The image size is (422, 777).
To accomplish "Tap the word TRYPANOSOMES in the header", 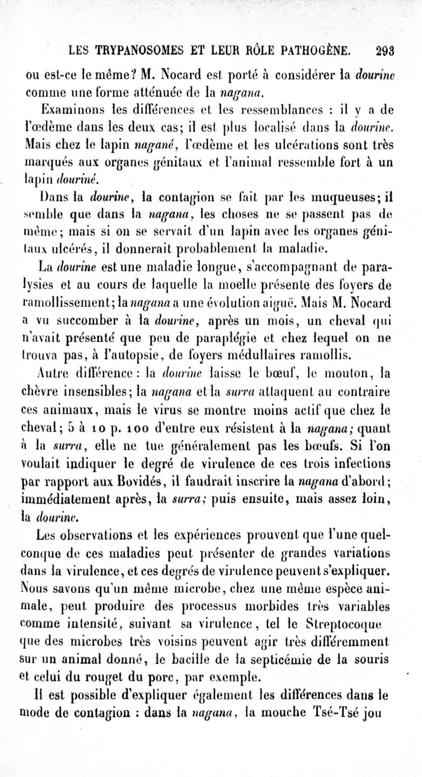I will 135,51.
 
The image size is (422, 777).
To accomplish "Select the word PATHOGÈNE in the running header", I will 316,51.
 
